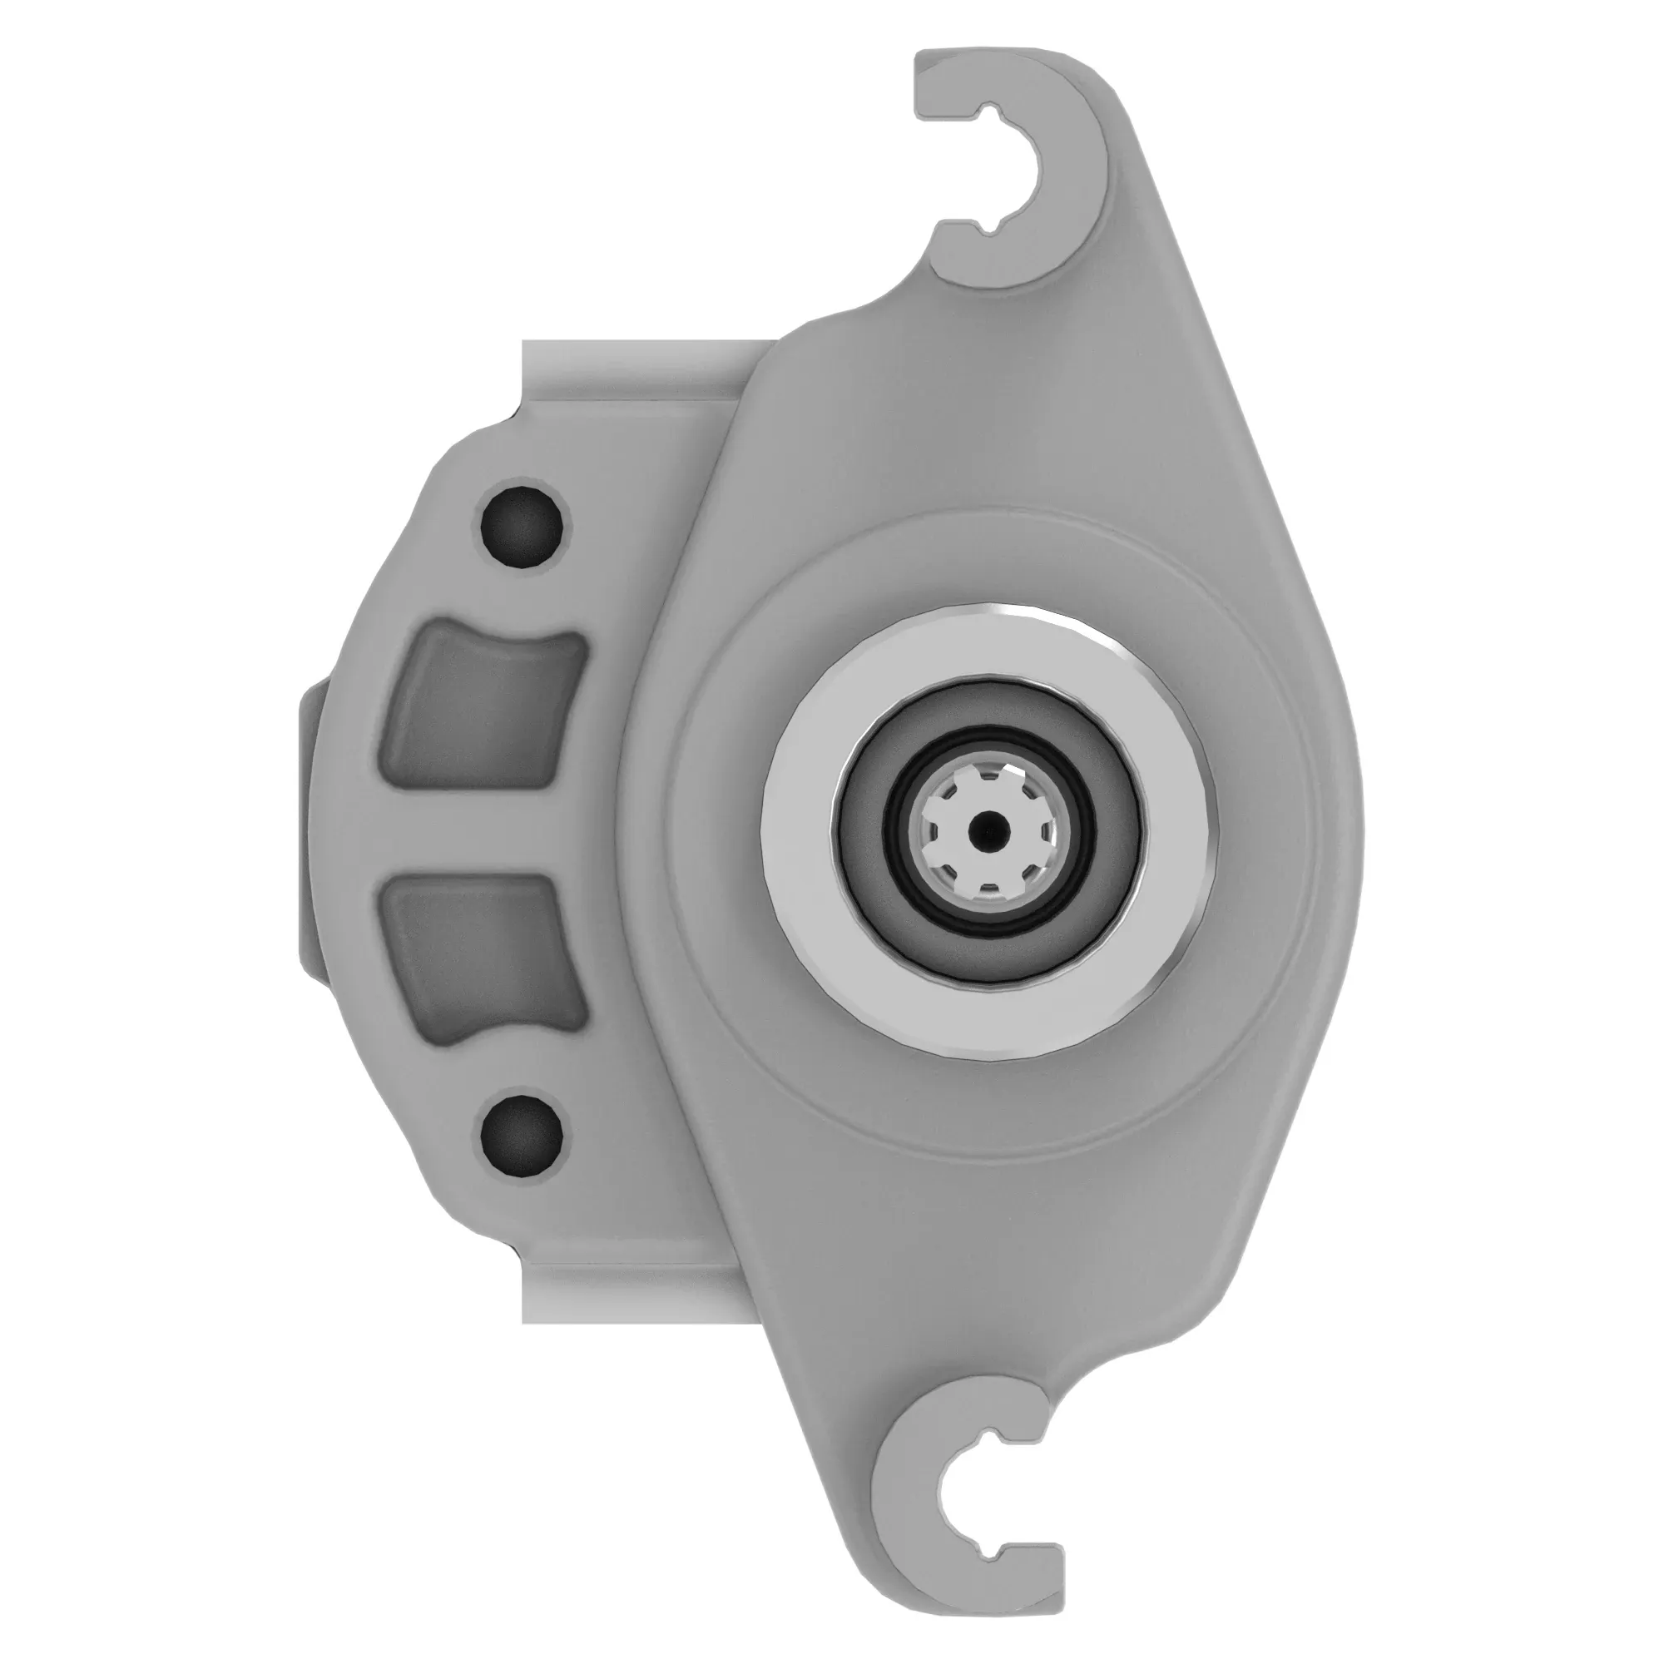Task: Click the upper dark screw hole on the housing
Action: [521, 523]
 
